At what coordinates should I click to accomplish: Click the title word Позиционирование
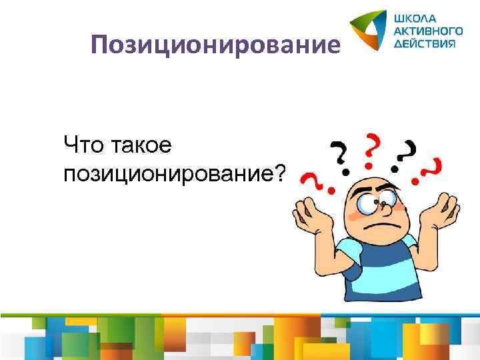(217, 46)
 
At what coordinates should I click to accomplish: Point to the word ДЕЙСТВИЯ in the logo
(424, 43)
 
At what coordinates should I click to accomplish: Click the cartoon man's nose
(381, 201)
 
